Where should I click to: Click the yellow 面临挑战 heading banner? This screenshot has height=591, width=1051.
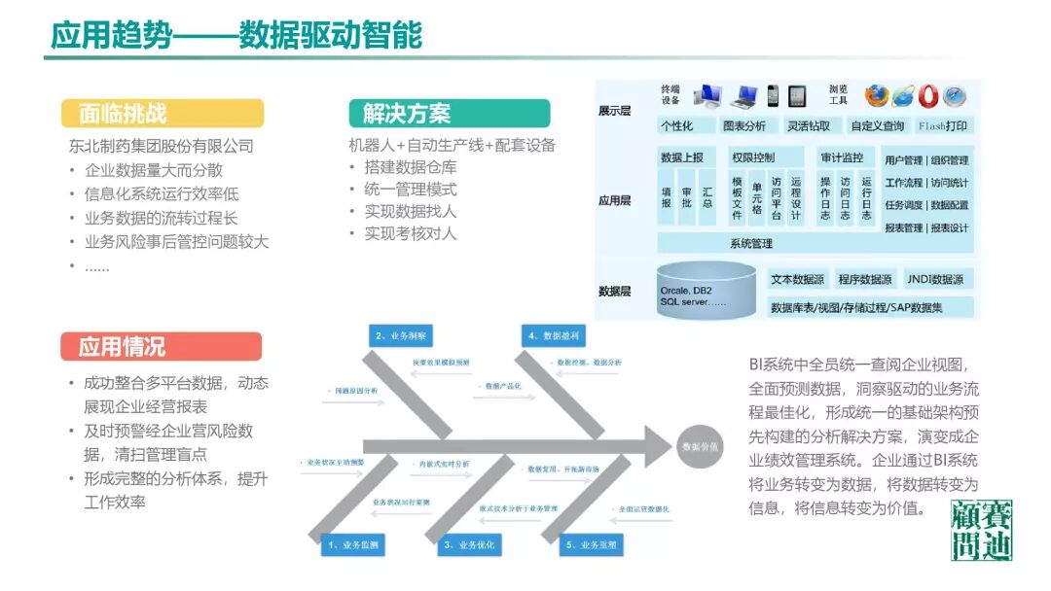[162, 113]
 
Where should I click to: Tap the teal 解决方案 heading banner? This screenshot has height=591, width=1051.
[449, 113]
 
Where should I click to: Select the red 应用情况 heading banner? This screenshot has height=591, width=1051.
[162, 346]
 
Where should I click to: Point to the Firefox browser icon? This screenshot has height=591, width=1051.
[877, 95]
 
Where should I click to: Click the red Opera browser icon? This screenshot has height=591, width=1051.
[927, 95]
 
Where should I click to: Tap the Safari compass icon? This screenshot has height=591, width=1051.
[955, 95]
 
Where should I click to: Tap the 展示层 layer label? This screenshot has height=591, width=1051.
[614, 111]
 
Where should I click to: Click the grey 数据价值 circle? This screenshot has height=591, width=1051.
[700, 447]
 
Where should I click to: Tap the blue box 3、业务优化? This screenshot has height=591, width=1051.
[469, 545]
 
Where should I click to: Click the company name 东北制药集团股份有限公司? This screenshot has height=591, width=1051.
[161, 147]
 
